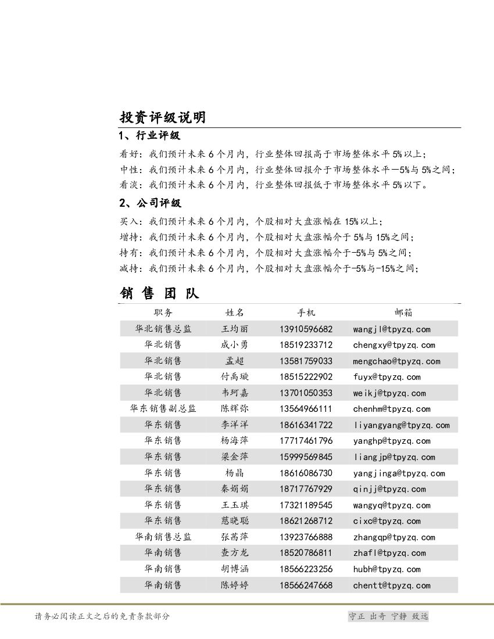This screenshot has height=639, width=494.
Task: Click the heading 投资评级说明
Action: pyautogui.click(x=162, y=117)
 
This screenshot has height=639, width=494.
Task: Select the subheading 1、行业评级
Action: pyautogui.click(x=149, y=136)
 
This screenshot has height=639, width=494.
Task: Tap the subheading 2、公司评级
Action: pyautogui.click(x=149, y=203)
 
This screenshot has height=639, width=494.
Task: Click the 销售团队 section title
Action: pyautogui.click(x=160, y=293)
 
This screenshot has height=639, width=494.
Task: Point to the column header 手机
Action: pyautogui.click(x=306, y=313)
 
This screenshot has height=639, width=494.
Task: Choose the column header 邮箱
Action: pyautogui.click(x=403, y=313)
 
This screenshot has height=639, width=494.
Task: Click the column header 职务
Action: pyautogui.click(x=163, y=313)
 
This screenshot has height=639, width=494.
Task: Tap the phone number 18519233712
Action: pyautogui.click(x=306, y=345)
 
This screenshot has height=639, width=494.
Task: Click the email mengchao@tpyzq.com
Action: pyautogui.click(x=396, y=361)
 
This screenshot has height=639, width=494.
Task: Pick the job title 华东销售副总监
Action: pyautogui.click(x=163, y=409)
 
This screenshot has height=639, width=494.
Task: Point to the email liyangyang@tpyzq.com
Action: pyautogui.click(x=401, y=425)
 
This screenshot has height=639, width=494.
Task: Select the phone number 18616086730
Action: pyautogui.click(x=306, y=473)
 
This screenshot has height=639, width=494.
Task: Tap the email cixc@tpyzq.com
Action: pyautogui.click(x=386, y=521)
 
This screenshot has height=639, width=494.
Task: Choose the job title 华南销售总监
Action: pyautogui.click(x=163, y=537)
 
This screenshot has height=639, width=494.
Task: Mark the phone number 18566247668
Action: pyautogui.click(x=306, y=586)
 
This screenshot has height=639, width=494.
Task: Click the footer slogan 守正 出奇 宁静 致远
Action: pyautogui.click(x=388, y=616)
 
